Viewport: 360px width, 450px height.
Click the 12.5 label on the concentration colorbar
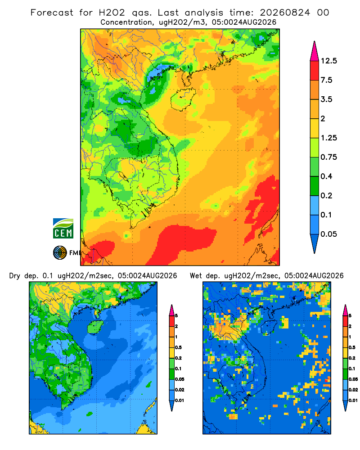pyautogui.click(x=328, y=61)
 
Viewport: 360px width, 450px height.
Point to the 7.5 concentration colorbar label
pyautogui.click(x=326, y=80)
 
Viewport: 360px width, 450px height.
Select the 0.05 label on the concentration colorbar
pyautogui.click(x=328, y=234)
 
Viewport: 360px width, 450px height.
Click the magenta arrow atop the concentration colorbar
pyautogui.click(x=315, y=51)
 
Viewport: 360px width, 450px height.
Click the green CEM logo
pyautogui.click(x=63, y=229)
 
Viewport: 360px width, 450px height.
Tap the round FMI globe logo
pyautogui.click(x=60, y=253)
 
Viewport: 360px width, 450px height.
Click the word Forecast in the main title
pyautogui.click(x=52, y=13)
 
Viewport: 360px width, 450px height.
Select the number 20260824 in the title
pyautogui.click(x=285, y=13)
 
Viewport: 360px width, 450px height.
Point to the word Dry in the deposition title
pyautogui.click(x=15, y=276)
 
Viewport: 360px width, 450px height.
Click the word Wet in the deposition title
pyautogui.click(x=196, y=276)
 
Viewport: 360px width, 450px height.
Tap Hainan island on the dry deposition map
pyautogui.click(x=95, y=327)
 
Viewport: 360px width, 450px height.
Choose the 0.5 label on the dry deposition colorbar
pyautogui.click(x=178, y=347)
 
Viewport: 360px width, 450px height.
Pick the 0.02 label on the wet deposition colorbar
pyautogui.click(x=353, y=390)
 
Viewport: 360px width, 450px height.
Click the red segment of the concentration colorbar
pyautogui.click(x=315, y=71)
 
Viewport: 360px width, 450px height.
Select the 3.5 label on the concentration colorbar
pyautogui.click(x=326, y=99)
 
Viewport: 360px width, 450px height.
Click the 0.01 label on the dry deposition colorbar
pyautogui.click(x=180, y=400)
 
